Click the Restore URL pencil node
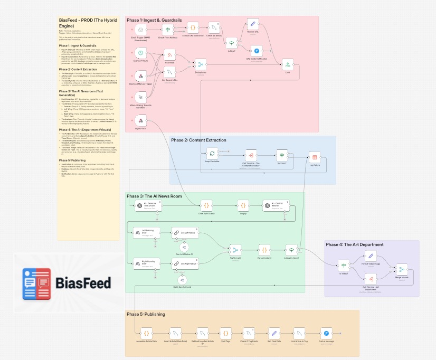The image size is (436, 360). pos(253,24)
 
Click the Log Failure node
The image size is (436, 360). pos(315,157)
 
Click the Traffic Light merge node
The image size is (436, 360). pos(235,250)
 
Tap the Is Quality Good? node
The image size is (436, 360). pos(291,250)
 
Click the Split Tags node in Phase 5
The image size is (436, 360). pos(225,333)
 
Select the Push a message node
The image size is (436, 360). pos(326,333)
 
